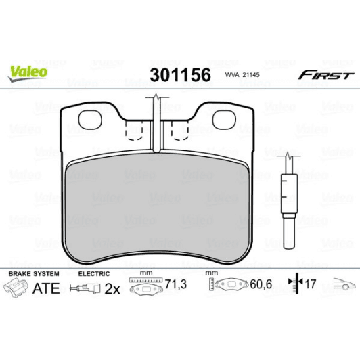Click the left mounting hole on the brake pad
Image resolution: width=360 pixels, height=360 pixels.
click(x=90, y=119)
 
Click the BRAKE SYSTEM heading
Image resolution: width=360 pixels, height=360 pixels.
click(x=33, y=273)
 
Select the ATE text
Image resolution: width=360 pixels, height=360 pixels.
click(x=46, y=288)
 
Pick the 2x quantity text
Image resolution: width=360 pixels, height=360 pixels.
click(x=112, y=289)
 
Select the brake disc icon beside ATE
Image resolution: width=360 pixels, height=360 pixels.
click(x=18, y=288)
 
